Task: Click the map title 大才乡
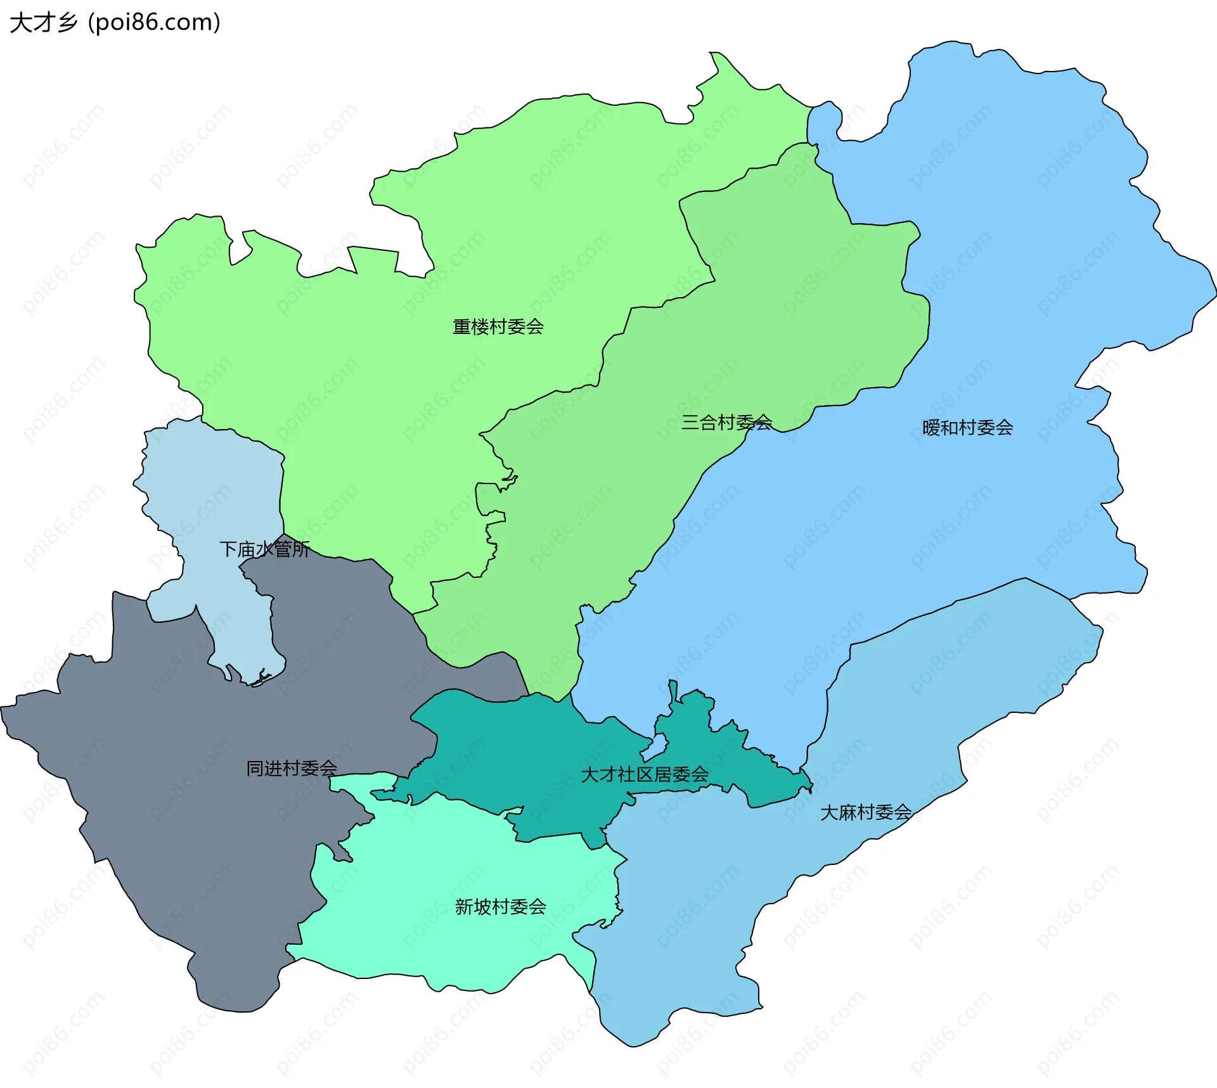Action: coord(43,23)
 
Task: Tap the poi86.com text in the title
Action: coord(154,23)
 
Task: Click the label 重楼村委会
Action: coord(498,327)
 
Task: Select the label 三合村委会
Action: coord(726,423)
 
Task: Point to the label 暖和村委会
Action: coord(967,428)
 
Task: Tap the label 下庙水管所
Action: coord(264,549)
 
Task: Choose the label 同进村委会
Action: coord(292,769)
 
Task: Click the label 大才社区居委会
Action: coord(645,774)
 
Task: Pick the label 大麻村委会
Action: coord(866,812)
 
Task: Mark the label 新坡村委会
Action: coord(501,907)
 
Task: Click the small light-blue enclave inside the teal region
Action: coord(655,748)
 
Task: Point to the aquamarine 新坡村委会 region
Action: coord(444,938)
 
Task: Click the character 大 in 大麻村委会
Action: coord(829,812)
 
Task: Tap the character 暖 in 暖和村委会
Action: coord(931,428)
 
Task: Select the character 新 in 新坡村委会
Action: coord(464,907)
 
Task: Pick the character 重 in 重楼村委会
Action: coord(461,327)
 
